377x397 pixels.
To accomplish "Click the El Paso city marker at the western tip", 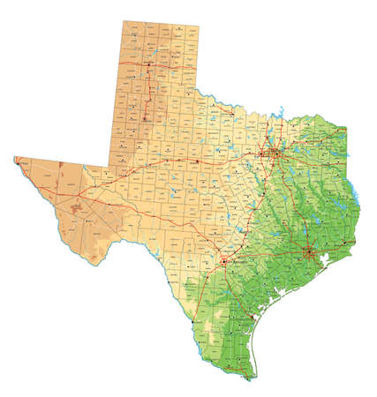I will click(x=18, y=161).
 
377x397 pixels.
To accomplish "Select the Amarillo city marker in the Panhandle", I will click(x=150, y=64).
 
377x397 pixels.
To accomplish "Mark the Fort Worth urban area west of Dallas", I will click(x=264, y=159).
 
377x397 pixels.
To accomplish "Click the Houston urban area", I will click(x=309, y=255).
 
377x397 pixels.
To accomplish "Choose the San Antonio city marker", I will click(x=227, y=262).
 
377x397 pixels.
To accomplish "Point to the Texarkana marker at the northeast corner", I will click(x=343, y=130).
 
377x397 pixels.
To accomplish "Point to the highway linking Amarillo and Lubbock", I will click(x=147, y=91).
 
